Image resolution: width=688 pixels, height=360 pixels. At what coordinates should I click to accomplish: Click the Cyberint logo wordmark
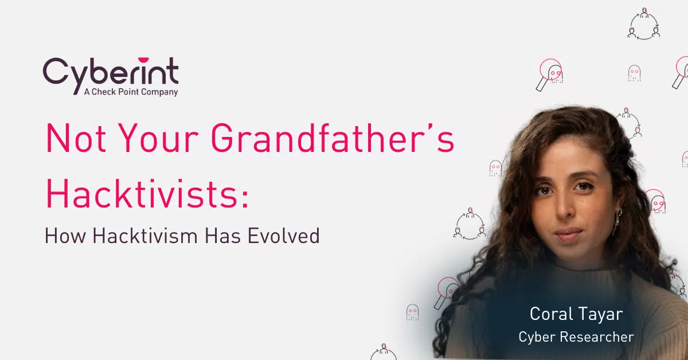(x=111, y=73)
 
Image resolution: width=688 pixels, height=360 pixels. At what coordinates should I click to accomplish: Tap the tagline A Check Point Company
(x=131, y=92)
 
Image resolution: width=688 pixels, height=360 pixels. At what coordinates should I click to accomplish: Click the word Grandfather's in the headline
(x=333, y=138)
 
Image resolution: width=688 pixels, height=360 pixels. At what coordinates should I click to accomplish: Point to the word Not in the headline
(x=76, y=138)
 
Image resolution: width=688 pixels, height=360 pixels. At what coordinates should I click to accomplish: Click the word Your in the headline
(x=158, y=138)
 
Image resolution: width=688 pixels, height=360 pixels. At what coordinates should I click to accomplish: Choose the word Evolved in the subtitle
(x=283, y=236)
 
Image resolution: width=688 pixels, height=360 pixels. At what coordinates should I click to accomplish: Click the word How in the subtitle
(x=65, y=236)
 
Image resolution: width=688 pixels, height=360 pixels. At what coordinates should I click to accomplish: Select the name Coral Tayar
(x=576, y=314)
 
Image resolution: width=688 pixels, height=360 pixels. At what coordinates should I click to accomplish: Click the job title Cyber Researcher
(x=576, y=336)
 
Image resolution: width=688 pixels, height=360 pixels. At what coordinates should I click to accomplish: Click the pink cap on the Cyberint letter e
(x=143, y=60)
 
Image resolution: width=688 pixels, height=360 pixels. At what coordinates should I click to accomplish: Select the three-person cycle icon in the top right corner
(x=644, y=24)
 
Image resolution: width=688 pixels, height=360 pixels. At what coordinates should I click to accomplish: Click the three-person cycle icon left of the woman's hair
(x=470, y=224)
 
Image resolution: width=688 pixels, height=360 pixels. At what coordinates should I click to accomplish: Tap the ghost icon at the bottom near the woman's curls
(x=412, y=312)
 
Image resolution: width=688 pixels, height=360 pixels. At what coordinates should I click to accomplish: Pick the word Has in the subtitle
(x=222, y=236)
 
